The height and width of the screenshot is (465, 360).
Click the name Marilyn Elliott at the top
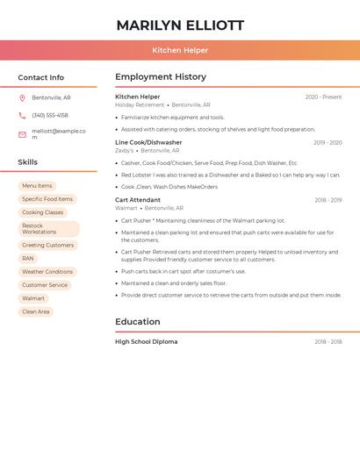coord(180,25)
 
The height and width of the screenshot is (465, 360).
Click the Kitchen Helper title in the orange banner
coord(180,50)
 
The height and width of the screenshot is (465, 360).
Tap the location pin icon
coord(22,97)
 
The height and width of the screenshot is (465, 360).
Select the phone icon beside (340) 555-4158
coord(22,115)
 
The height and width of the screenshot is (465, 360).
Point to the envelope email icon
coord(22,134)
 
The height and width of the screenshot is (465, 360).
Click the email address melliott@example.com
coord(59,134)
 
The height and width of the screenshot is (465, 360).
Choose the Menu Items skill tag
coord(37,186)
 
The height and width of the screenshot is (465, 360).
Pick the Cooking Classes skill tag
coord(42,212)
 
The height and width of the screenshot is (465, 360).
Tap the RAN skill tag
coord(28,259)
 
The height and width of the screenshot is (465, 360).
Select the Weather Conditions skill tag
coord(47,272)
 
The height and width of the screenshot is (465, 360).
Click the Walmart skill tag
coord(33,298)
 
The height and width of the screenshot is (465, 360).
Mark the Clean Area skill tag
coord(36,311)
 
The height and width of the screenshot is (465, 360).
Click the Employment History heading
coord(161,77)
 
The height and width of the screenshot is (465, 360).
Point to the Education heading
coord(137,322)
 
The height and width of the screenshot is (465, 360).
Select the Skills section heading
coord(27,162)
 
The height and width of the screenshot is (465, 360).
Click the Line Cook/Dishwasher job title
coord(148,142)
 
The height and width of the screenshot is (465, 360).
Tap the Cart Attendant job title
coord(138,200)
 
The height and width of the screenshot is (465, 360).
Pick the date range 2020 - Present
coord(323,97)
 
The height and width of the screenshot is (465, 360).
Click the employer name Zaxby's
coord(125,150)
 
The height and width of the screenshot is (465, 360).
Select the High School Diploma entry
coord(146,341)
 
